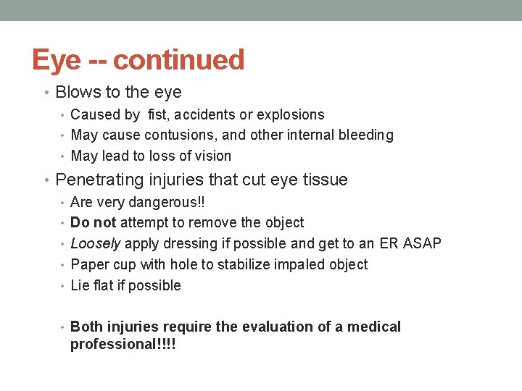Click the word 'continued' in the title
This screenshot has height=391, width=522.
coord(178,60)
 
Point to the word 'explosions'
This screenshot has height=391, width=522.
coord(291,114)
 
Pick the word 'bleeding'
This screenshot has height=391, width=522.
coord(366,135)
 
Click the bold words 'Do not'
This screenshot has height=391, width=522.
coord(93,223)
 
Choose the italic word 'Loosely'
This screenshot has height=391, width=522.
coord(95,244)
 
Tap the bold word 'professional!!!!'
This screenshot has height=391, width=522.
coord(123,344)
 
